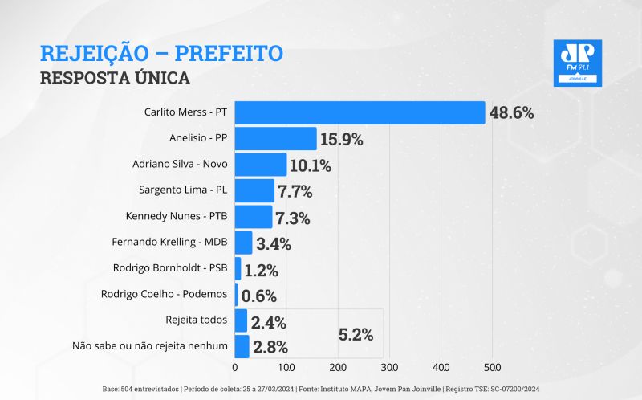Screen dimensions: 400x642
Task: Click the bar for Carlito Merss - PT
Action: (360, 112)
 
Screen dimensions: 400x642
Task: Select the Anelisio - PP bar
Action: (275, 139)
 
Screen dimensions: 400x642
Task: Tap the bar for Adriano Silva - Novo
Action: (261, 165)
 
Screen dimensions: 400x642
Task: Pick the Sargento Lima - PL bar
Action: (254, 191)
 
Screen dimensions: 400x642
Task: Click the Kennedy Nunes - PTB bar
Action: (254, 217)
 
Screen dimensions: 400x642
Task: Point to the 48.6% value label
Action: (511, 112)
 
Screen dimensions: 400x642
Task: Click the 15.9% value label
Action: (341, 139)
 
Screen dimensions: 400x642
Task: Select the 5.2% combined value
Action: (356, 335)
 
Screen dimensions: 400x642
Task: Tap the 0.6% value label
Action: (259, 296)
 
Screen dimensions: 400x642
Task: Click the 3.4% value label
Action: (274, 243)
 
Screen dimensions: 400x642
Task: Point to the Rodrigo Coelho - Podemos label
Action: (165, 294)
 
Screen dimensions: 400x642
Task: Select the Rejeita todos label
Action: (196, 320)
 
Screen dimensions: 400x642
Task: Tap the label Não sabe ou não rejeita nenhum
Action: (150, 346)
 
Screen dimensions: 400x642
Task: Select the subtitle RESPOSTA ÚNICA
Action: (114, 78)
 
